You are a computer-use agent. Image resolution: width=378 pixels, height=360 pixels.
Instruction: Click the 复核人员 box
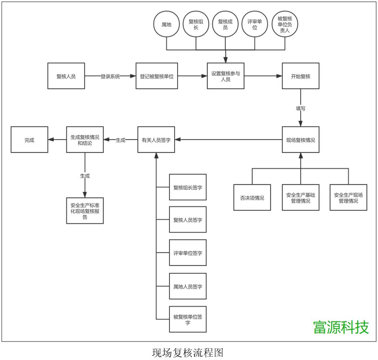[66, 76]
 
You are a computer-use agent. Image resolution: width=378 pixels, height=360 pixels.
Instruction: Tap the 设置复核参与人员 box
[226, 76]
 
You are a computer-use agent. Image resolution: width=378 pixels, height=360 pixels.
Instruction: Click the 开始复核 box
[300, 76]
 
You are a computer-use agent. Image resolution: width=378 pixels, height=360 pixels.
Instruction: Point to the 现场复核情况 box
[300, 140]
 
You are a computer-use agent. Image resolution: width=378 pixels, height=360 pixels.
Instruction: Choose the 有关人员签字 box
[156, 140]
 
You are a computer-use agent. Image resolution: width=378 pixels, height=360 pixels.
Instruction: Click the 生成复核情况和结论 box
[85, 140]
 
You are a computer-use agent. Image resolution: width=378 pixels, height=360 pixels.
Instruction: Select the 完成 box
[29, 140]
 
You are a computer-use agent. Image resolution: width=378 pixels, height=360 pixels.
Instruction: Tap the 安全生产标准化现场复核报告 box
[85, 211]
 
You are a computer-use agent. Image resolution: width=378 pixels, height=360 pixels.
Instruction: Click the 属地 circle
[166, 24]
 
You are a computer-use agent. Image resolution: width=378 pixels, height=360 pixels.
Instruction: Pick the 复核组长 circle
[196, 24]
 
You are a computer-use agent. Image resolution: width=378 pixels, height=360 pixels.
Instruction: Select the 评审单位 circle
[255, 24]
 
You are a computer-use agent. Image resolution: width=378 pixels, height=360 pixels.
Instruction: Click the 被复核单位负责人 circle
[285, 24]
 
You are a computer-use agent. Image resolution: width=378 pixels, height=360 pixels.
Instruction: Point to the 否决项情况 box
[252, 197]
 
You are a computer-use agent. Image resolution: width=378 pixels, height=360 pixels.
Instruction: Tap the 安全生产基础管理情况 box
[300, 197]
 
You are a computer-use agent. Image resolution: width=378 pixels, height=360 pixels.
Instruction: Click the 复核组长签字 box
[188, 187]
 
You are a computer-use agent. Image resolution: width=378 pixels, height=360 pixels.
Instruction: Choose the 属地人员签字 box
[188, 286]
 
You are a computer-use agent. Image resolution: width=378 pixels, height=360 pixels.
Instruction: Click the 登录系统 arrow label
[110, 76]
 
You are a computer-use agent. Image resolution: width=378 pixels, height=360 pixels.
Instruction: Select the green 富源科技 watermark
[341, 327]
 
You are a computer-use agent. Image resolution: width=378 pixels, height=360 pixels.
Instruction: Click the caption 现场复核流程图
[188, 352]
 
